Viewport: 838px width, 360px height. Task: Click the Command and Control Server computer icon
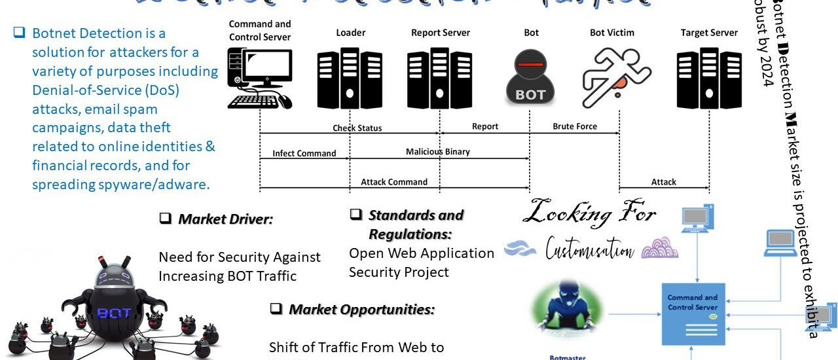[x=260, y=79]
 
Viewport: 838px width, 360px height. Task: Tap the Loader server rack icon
[x=350, y=79]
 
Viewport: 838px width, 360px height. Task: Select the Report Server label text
[x=441, y=33]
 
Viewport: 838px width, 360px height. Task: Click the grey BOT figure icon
[x=530, y=81]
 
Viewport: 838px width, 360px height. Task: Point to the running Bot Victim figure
[x=608, y=77]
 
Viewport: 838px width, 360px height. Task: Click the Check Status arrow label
[x=357, y=128]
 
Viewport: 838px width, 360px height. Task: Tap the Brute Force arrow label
[x=575, y=126]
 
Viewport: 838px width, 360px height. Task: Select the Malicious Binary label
[x=437, y=152]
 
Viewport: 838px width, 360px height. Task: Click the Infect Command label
[x=304, y=154]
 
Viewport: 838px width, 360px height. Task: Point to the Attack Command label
[x=394, y=182]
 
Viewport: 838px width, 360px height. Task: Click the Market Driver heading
[x=225, y=219]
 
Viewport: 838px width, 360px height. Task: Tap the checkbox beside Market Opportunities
[x=276, y=308]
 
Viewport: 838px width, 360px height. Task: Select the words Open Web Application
[x=422, y=253]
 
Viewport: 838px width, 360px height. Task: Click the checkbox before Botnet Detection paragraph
[x=20, y=33]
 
